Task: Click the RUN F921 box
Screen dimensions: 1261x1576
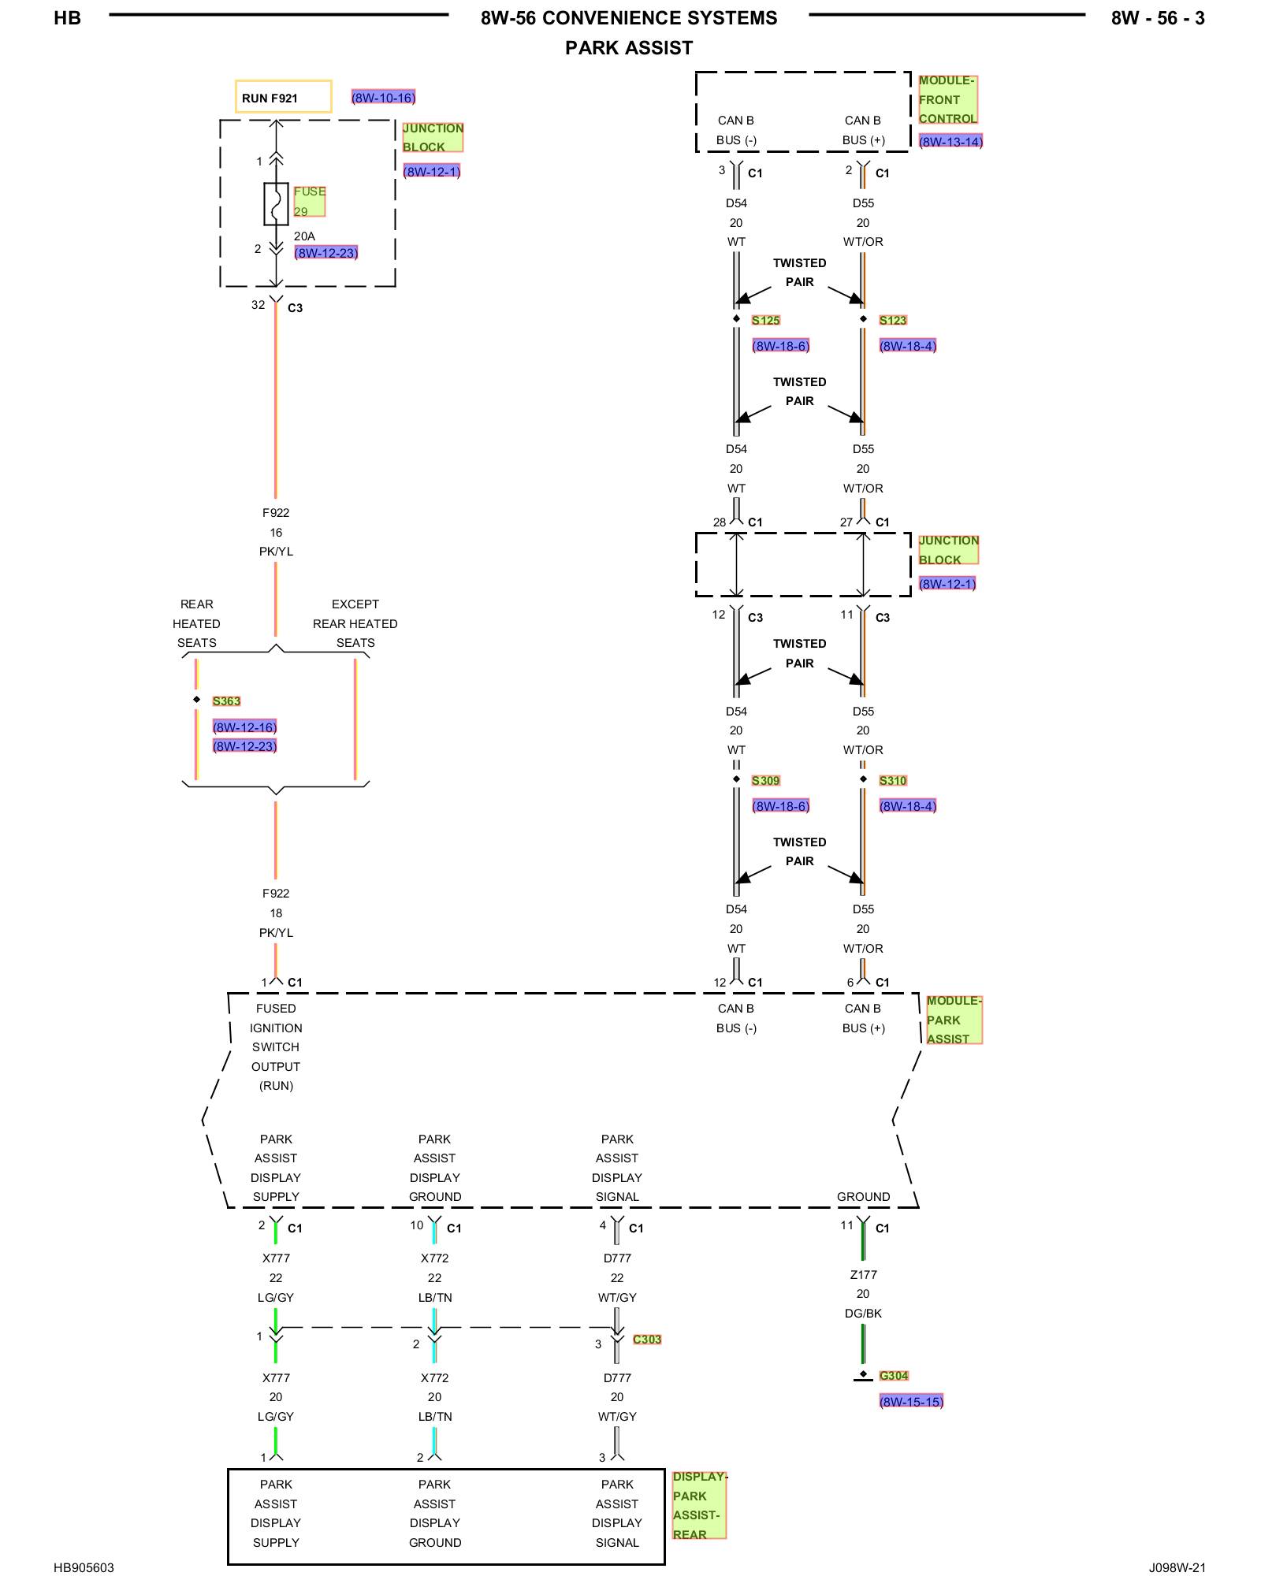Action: coord(283,97)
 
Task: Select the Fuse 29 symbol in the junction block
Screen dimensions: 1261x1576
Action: coord(276,204)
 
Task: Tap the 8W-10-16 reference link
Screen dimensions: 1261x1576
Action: coord(383,98)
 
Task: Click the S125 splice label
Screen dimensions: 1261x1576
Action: coord(765,320)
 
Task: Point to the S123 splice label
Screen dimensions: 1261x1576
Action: coord(893,320)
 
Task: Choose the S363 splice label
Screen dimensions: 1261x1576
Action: coord(226,701)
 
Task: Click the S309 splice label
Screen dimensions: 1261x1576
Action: coord(765,780)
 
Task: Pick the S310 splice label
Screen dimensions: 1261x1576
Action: coord(893,780)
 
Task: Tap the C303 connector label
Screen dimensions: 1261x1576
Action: coord(647,1339)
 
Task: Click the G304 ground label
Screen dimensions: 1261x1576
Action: coord(894,1375)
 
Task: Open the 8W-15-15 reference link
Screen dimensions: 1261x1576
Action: coord(911,1401)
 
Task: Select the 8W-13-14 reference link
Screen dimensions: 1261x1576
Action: coord(950,142)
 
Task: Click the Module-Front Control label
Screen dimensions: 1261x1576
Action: coord(947,99)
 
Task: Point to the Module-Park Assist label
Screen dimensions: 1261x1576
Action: coord(954,1020)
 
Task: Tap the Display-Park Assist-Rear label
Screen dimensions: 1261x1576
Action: coord(699,1505)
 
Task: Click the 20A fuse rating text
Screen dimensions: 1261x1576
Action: coord(304,236)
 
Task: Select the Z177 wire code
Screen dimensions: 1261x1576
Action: coord(863,1274)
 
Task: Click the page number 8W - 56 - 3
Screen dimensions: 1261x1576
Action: coord(1158,18)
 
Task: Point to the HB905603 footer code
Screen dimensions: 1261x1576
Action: coord(84,1567)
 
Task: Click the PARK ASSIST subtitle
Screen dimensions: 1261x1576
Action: coord(629,48)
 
